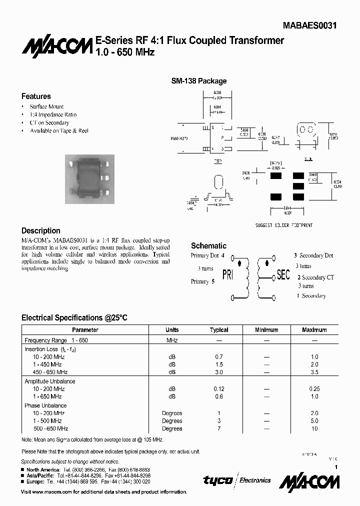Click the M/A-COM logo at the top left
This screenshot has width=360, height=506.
pyautogui.click(x=49, y=46)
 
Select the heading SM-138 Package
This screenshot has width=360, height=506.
pyautogui.click(x=199, y=81)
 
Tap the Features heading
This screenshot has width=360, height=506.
pyautogui.click(x=36, y=96)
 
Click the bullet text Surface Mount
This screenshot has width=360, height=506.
pyautogui.click(x=46, y=106)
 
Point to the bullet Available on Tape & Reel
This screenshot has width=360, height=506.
pyautogui.click(x=59, y=130)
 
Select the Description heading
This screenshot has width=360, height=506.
pyautogui.click(x=40, y=231)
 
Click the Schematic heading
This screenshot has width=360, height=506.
pyautogui.click(x=208, y=245)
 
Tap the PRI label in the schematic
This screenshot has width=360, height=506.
pyautogui.click(x=227, y=275)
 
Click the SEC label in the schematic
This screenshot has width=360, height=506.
pyautogui.click(x=283, y=275)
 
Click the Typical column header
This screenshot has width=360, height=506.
pyautogui.click(x=219, y=330)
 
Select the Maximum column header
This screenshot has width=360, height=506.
pyautogui.click(x=314, y=330)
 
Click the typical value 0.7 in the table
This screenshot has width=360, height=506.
pyautogui.click(x=219, y=357)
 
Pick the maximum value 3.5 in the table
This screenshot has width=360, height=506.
pyautogui.click(x=314, y=372)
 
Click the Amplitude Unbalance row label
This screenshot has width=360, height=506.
pyautogui.click(x=50, y=381)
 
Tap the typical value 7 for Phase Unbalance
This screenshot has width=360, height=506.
pyautogui.click(x=219, y=428)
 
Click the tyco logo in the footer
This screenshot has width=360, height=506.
pyautogui.click(x=218, y=480)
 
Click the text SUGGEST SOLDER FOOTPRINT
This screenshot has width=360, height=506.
pyautogui.click(x=283, y=225)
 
